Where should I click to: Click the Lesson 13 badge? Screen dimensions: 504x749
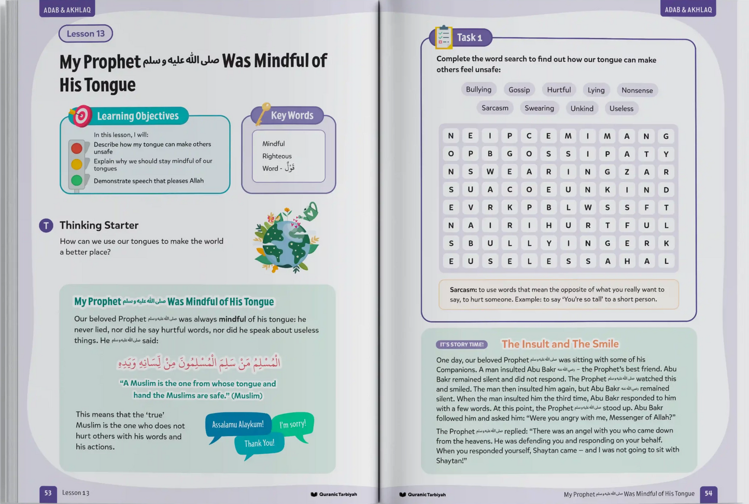point(86,34)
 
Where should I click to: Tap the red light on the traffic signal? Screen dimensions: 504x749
point(77,148)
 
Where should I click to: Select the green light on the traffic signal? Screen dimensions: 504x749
point(77,180)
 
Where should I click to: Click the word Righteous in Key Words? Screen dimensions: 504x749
point(277,156)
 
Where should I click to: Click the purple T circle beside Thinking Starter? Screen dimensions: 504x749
point(46,226)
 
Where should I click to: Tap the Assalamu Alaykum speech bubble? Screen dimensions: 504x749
point(238,425)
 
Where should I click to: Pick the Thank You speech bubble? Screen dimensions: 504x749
point(259,444)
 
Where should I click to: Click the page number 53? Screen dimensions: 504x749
point(48,493)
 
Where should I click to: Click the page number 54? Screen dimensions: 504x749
point(708,494)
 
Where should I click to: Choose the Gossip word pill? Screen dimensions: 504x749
point(519,90)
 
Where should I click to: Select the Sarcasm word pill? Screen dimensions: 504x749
point(494,108)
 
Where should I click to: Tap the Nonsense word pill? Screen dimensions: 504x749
point(637,90)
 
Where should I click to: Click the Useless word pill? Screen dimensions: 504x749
point(621,108)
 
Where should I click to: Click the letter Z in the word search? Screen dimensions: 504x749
point(627,172)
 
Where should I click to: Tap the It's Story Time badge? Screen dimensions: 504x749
point(462,344)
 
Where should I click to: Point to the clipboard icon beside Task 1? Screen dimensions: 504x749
point(443,37)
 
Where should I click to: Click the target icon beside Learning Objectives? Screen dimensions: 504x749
point(81,116)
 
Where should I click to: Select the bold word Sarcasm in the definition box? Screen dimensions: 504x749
point(463,290)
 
